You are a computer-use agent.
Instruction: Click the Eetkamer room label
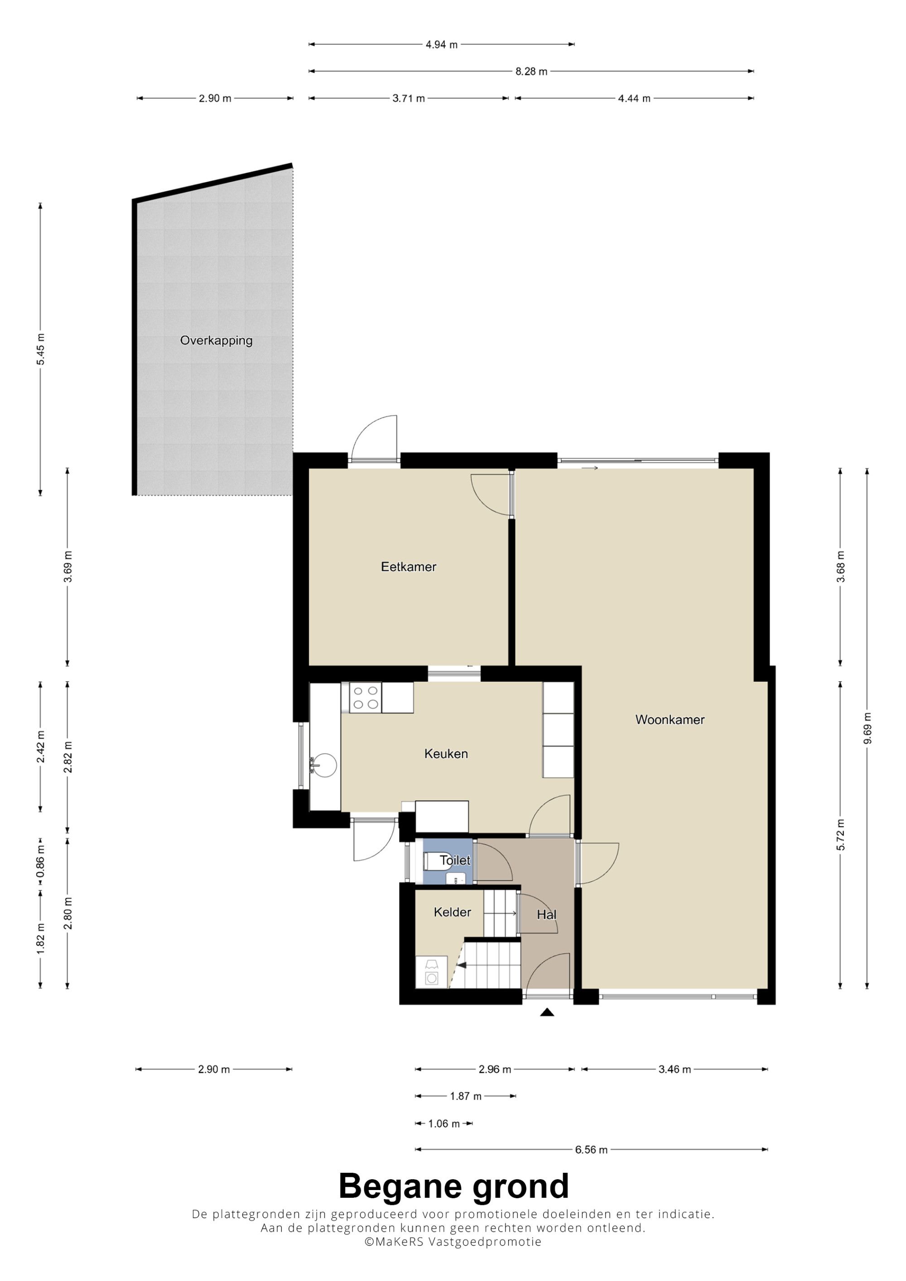tap(408, 567)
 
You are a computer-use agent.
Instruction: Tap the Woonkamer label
tap(670, 720)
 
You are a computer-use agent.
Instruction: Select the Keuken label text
tap(446, 754)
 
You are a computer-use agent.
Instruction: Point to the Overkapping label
tap(216, 340)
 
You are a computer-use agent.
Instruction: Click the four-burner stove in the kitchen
tap(366, 698)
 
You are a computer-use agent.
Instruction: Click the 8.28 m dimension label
tap(531, 72)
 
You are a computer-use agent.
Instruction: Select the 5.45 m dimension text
tap(40, 349)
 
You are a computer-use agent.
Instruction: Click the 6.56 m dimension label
tap(591, 1149)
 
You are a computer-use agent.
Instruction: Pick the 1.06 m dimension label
tap(444, 1123)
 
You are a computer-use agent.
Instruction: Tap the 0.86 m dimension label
tap(40, 861)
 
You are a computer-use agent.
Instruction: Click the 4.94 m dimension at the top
tap(442, 45)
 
